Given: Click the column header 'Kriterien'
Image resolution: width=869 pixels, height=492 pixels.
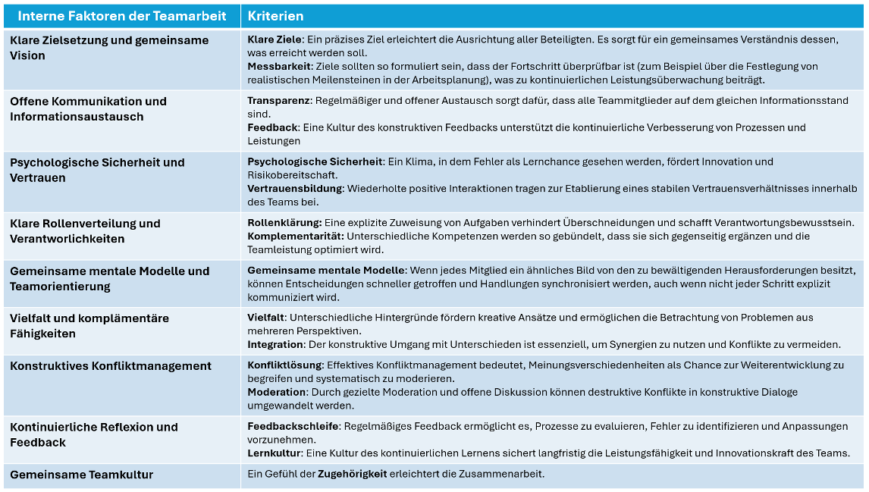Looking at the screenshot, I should click(x=276, y=16).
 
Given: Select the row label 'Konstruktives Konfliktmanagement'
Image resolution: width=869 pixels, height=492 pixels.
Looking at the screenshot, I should click(x=111, y=366).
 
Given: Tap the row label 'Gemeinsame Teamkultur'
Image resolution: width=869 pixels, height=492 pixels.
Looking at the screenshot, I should click(x=82, y=475).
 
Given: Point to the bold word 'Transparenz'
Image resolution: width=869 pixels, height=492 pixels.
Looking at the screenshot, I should click(x=278, y=100).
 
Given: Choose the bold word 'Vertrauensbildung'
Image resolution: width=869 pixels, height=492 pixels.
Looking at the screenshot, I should click(x=296, y=188).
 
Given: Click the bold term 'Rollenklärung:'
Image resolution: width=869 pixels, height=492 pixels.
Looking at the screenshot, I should click(x=284, y=223).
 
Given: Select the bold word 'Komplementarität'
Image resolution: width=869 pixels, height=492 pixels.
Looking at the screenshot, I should click(x=295, y=236).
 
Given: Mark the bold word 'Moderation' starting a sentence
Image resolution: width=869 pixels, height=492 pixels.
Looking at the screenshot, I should click(x=277, y=392).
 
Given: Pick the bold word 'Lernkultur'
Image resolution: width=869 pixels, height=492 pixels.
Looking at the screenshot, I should click(x=275, y=453).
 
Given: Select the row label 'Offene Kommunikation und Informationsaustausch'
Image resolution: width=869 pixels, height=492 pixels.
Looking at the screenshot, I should click(x=88, y=108).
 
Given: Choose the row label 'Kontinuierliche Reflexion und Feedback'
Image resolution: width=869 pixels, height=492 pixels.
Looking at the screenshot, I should click(x=94, y=434).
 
